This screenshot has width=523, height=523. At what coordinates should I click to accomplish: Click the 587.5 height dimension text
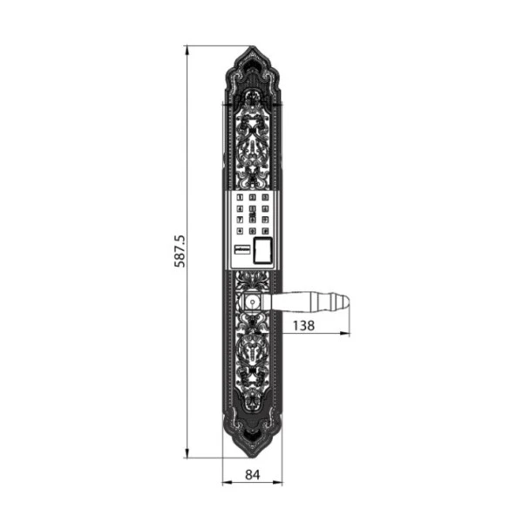(180, 250)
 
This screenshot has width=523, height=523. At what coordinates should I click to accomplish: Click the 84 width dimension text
(252, 475)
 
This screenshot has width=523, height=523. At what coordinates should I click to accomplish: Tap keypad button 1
(241, 198)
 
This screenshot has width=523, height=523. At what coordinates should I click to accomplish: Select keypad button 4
(241, 209)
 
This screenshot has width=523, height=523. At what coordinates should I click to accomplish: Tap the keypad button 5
(252, 209)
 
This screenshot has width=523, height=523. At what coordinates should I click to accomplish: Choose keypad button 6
(264, 209)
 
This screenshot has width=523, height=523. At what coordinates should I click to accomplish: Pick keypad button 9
(264, 220)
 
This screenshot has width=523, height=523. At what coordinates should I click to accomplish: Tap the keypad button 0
(252, 231)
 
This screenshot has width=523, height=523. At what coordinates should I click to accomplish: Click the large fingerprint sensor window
(262, 250)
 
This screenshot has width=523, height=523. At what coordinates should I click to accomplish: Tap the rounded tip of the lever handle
(345, 302)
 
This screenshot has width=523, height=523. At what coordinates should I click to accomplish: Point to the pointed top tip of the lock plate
(252, 47)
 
